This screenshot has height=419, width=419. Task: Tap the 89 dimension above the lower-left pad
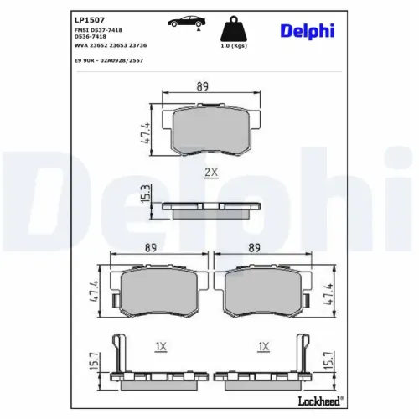pos(153,248)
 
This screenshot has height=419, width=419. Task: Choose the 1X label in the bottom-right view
pos(265,346)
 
